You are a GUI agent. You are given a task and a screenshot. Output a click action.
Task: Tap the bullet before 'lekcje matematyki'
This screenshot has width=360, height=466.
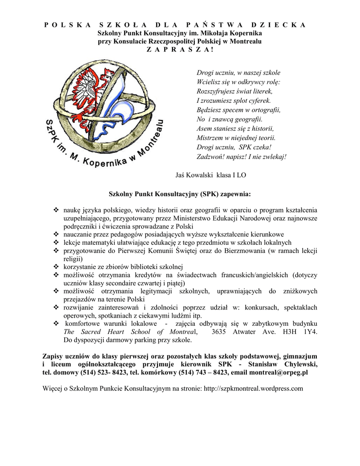click(56, 243)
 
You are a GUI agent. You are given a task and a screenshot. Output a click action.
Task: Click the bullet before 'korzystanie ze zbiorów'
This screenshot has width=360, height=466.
click(56, 267)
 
